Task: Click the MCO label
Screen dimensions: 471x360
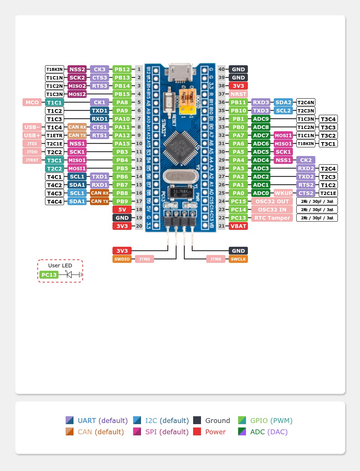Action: pos(32,102)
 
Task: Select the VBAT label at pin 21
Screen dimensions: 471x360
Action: pos(238,226)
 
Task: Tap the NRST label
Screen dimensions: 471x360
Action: pos(238,94)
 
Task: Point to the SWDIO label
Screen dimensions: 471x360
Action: pos(122,259)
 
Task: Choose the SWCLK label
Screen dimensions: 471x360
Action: pos(238,259)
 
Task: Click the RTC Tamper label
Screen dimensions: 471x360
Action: pos(272,218)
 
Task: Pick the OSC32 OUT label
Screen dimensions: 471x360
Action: pos(272,201)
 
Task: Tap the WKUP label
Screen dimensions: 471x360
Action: pos(283,193)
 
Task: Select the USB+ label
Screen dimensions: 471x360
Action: pos(32,135)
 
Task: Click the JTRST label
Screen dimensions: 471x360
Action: pos(32,160)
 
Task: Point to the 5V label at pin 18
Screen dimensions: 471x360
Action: pos(122,210)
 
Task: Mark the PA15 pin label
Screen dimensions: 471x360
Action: pos(122,144)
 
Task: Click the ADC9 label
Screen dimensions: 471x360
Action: pos(261,119)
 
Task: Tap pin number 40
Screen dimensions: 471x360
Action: pos(222,69)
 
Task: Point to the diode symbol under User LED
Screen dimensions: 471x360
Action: pos(69,275)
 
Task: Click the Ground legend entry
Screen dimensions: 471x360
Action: pos(212,420)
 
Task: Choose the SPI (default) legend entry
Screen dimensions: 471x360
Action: pos(161,432)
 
